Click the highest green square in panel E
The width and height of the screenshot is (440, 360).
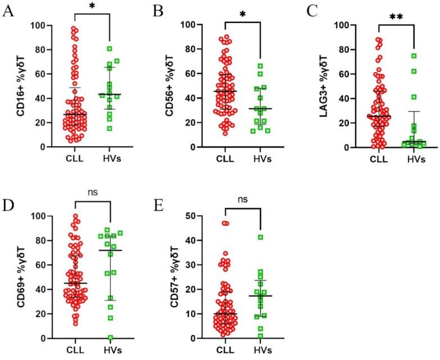(260, 237)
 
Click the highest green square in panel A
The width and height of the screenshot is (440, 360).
(110, 48)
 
